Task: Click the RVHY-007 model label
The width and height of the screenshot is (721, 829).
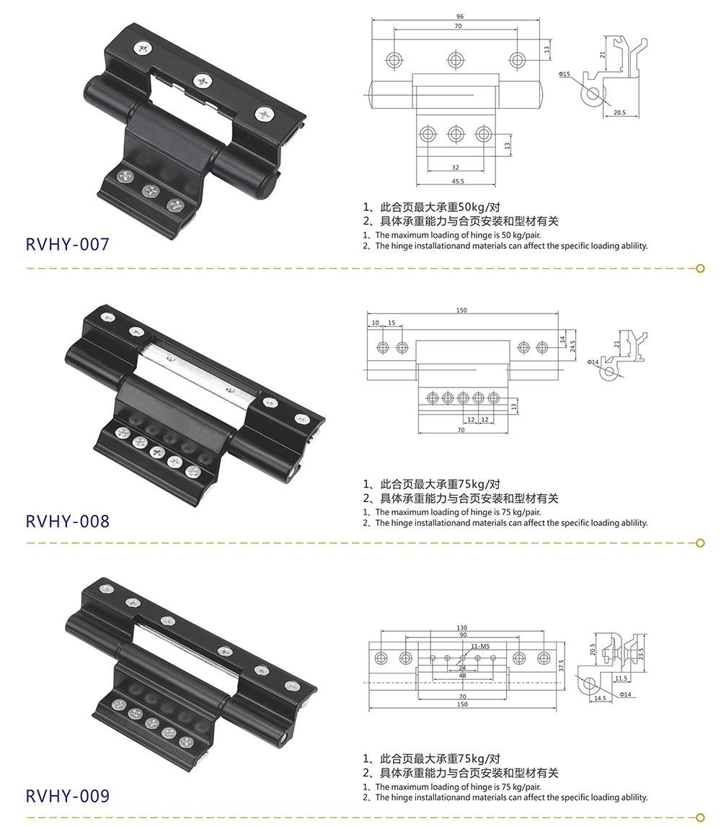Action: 68,245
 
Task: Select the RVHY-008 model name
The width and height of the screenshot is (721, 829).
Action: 68,521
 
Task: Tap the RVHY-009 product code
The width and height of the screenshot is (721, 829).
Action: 68,796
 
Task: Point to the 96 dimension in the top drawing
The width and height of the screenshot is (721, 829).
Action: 459,16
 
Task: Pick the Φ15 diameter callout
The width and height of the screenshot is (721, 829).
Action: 564,73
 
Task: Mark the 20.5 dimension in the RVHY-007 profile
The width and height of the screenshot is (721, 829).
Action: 620,112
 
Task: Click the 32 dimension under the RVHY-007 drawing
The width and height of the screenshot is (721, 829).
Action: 455,168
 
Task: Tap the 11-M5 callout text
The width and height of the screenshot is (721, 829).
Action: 481,647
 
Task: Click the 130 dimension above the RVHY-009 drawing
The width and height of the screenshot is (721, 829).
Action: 462,627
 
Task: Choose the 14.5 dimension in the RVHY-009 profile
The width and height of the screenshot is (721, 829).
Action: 600,699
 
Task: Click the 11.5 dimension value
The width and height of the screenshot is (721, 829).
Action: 621,678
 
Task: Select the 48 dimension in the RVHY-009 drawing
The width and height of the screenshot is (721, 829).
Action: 462,676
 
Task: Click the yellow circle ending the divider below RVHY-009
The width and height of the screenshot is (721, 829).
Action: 700,817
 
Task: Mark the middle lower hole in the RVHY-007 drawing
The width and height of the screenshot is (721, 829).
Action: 456,133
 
